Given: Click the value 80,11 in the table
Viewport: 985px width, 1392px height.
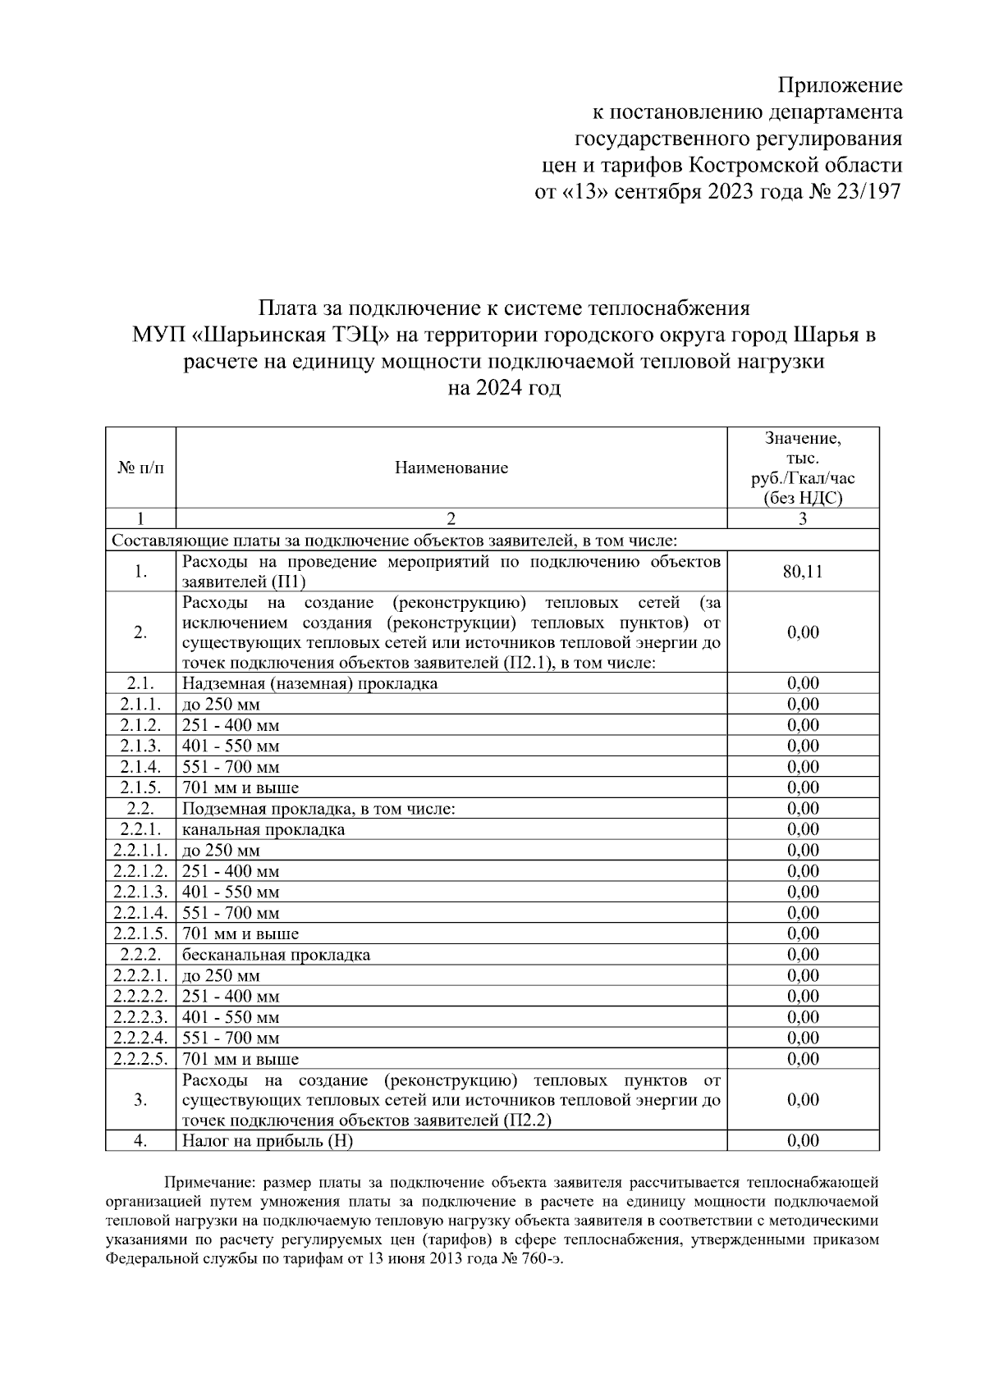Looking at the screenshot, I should [x=803, y=572].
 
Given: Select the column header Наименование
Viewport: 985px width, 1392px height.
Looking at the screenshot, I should [x=451, y=468].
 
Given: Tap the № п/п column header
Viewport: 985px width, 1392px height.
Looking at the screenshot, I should [x=140, y=468].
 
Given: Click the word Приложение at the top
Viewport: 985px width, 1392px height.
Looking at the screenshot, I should [x=840, y=85].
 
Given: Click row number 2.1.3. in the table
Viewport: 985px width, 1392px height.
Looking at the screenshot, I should [x=140, y=746].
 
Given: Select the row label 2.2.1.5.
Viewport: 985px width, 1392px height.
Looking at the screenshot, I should [x=140, y=933].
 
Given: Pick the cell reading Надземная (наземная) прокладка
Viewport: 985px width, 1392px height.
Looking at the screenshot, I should [x=310, y=683].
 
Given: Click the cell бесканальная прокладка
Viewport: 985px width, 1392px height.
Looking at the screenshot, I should [x=276, y=955].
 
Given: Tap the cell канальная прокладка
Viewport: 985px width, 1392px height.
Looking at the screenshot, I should [x=263, y=829].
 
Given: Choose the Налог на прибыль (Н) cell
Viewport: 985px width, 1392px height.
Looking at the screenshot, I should [x=268, y=1141].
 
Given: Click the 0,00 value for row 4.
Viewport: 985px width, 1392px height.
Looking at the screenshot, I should [x=803, y=1141].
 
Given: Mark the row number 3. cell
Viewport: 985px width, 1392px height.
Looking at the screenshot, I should [x=140, y=1100].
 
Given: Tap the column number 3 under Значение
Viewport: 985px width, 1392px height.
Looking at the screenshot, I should [x=803, y=518].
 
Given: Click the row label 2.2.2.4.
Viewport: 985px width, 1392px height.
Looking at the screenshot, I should [x=140, y=1038].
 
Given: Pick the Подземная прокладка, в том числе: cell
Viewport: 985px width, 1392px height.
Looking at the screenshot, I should [x=318, y=809].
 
